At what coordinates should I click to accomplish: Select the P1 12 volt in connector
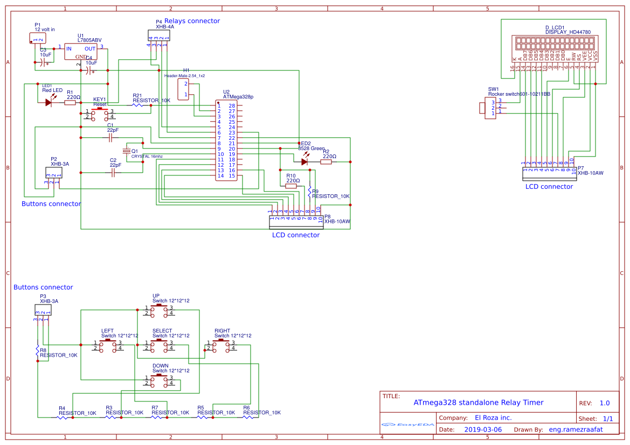(x=38, y=38)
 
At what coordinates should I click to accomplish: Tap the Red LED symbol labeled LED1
(x=50, y=102)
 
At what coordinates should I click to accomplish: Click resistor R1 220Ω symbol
(x=70, y=102)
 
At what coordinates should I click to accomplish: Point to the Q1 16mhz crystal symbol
(x=127, y=151)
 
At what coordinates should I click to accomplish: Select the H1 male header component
(x=185, y=89)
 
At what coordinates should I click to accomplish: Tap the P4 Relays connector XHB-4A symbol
(x=158, y=35)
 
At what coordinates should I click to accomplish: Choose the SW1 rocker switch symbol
(x=488, y=108)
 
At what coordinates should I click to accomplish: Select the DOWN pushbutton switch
(x=159, y=380)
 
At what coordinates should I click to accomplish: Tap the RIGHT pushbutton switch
(x=220, y=345)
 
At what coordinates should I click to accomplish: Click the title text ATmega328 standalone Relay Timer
(x=478, y=402)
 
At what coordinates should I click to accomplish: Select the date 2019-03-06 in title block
(x=483, y=429)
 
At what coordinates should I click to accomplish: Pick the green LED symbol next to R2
(x=304, y=161)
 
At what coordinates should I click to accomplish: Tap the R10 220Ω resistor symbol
(x=291, y=186)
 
